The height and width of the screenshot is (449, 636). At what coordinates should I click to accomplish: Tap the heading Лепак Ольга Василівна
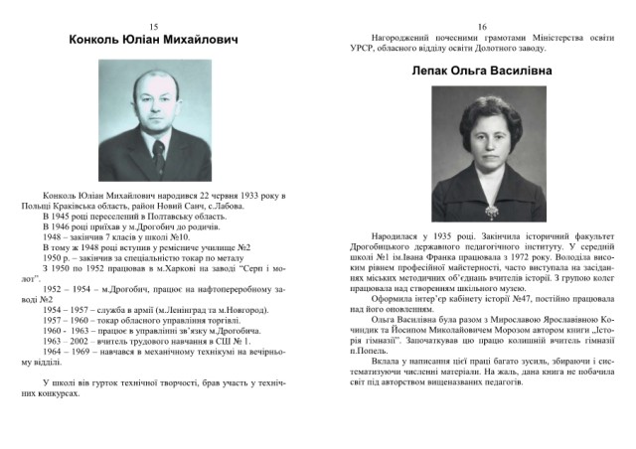tap(481, 72)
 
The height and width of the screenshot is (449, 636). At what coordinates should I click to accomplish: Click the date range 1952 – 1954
tap(66, 284)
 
